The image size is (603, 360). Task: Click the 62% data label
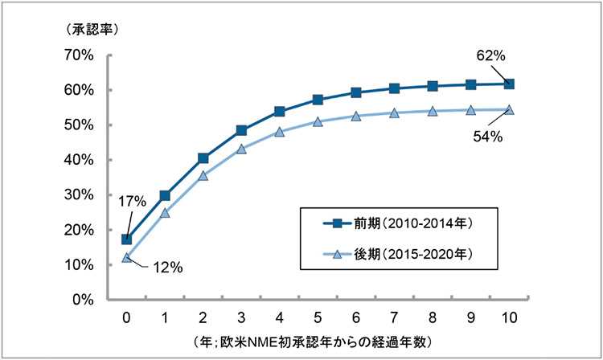pos(489,56)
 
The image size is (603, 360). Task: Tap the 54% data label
pos(487,137)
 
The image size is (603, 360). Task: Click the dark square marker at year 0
pos(126,239)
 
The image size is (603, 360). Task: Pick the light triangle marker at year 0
pos(126,258)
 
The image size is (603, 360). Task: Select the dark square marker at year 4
pos(279,112)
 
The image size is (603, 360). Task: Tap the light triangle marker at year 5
pos(318,122)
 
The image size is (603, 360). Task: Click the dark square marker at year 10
pos(509,84)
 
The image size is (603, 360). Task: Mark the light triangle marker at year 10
pos(509,110)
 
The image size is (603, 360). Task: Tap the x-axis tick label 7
pos(394,315)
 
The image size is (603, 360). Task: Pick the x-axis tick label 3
pos(241,315)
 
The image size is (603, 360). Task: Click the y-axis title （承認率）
pos(88,29)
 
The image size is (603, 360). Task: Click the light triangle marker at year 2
pos(203,176)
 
